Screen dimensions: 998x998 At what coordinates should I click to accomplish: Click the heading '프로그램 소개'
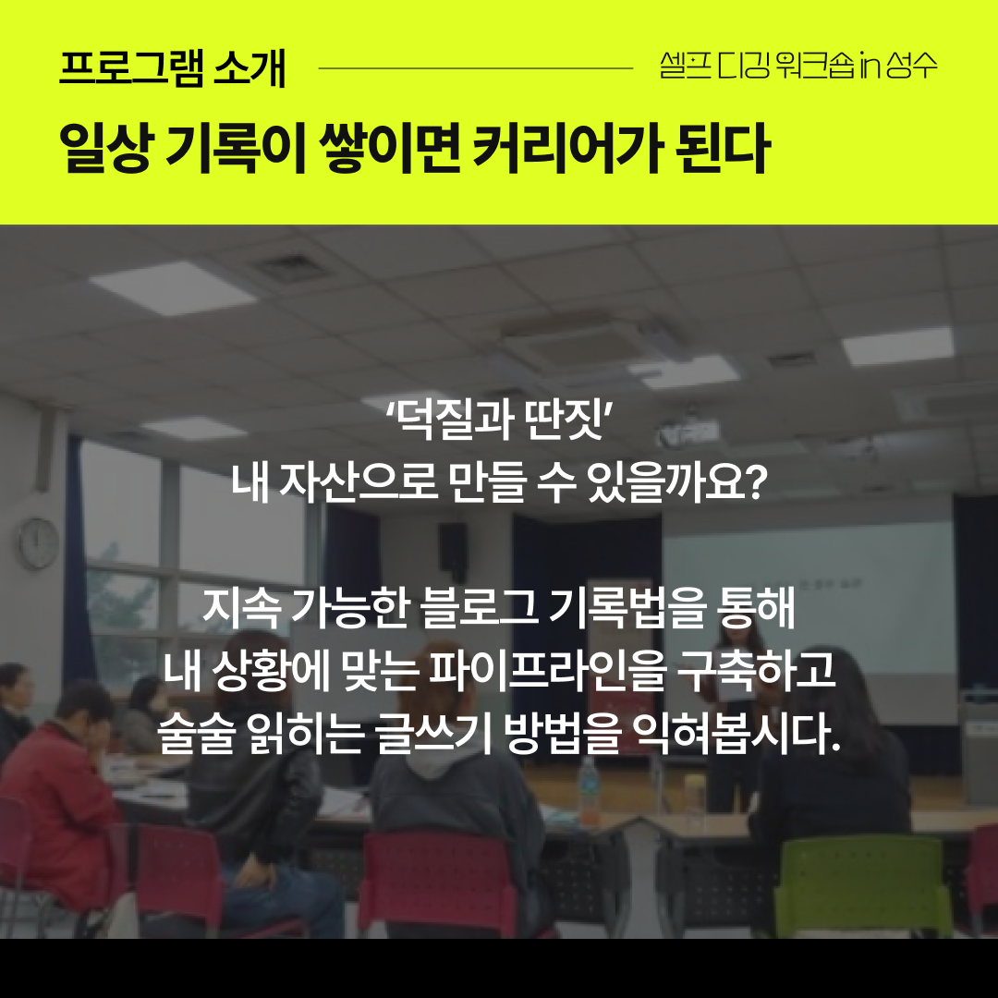(x=172, y=69)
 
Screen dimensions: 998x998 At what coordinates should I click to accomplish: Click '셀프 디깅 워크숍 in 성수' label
(x=798, y=67)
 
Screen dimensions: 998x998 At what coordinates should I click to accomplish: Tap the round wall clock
(x=39, y=542)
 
